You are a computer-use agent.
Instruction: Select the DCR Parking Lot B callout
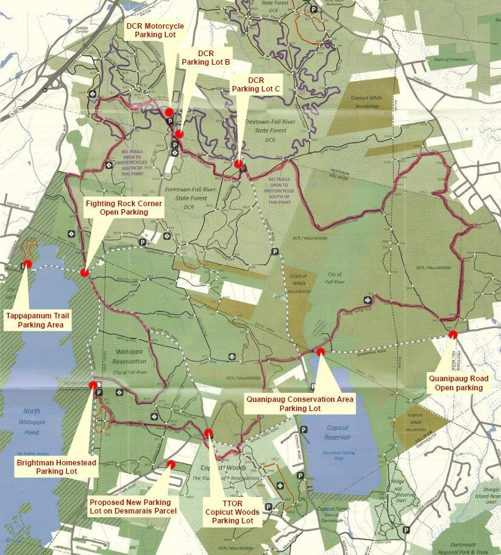[x=205, y=57]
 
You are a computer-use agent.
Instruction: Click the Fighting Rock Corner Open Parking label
[x=126, y=207]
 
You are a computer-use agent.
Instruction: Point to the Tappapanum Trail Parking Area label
[x=38, y=321]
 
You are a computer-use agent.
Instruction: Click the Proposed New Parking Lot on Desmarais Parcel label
[x=133, y=506]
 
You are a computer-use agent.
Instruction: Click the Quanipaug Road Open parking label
[x=455, y=383]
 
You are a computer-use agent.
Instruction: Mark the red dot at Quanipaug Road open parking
[x=453, y=334]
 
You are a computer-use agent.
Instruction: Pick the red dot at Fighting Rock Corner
[x=83, y=273]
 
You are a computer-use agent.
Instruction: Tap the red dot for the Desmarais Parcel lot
[x=171, y=464]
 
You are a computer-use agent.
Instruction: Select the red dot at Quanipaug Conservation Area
[x=321, y=351]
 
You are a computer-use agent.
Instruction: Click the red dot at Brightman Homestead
[x=93, y=385]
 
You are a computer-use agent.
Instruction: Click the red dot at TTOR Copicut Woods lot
[x=208, y=433]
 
